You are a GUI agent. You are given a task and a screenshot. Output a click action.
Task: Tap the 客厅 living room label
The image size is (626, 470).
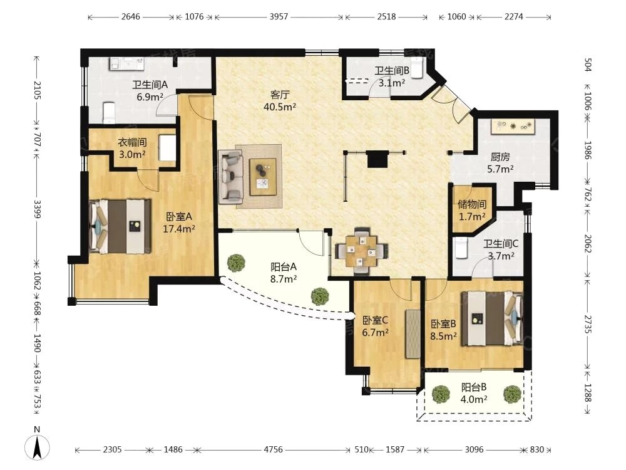(x=279, y=95)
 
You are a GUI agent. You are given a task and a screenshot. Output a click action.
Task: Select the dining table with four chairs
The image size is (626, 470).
(x=361, y=251)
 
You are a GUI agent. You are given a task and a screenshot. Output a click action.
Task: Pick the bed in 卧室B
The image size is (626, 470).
(x=492, y=318)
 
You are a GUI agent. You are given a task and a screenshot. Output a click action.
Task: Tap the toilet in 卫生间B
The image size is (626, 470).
(x=416, y=68)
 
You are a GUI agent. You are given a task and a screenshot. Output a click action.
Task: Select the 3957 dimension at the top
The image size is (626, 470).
(x=279, y=17)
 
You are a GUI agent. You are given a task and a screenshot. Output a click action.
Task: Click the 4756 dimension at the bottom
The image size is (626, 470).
(x=273, y=449)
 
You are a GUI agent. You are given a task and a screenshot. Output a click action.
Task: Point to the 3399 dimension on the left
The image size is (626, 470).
(x=37, y=209)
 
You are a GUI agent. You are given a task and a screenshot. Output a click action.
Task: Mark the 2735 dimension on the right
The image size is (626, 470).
(x=587, y=324)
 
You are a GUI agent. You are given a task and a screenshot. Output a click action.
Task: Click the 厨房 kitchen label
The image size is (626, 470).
(x=500, y=157)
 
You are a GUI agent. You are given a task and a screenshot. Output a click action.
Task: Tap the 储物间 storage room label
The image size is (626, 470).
(x=472, y=204)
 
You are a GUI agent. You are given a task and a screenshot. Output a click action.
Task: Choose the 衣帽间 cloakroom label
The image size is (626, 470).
(x=132, y=142)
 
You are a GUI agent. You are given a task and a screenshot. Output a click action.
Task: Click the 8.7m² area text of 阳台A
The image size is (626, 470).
(x=284, y=279)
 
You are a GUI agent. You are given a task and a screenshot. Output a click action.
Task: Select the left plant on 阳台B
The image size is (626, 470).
(x=441, y=394)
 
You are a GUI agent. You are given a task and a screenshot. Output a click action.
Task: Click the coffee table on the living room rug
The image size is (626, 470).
(x=263, y=177)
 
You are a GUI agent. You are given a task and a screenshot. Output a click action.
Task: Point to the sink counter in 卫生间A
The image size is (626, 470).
(x=126, y=63)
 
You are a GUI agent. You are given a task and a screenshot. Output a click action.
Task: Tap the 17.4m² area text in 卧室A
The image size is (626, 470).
(x=179, y=229)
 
